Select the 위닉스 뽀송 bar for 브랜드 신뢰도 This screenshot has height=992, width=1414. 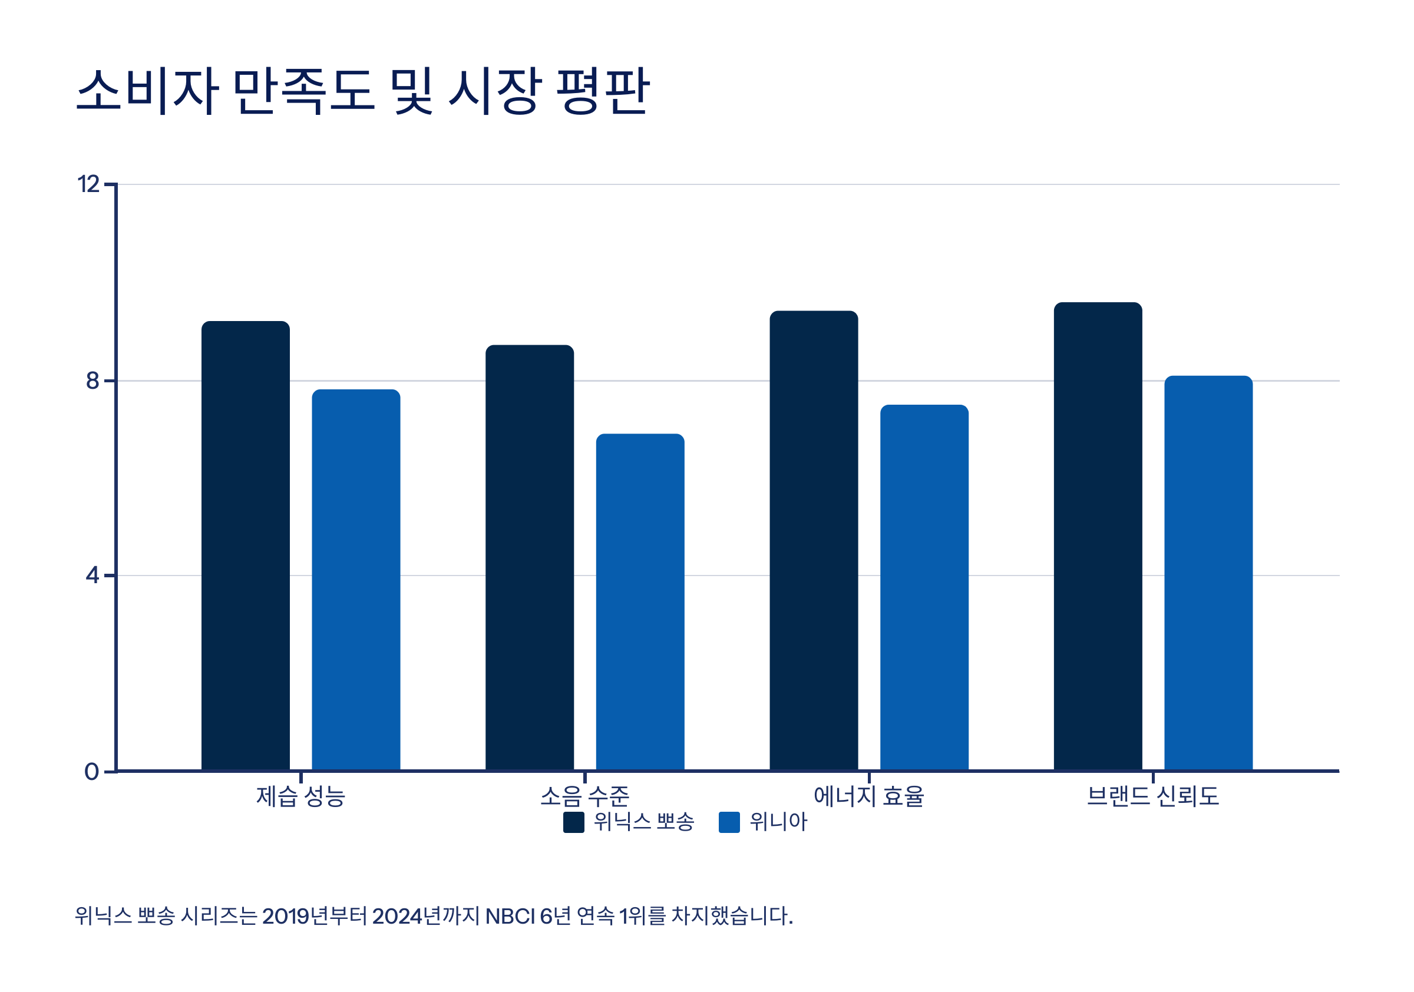[1098, 535]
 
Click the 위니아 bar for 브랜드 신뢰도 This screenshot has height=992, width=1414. [1208, 573]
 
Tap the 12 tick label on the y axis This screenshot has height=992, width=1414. [88, 184]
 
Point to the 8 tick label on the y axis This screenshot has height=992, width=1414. [92, 381]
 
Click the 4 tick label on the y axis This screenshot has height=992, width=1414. [92, 575]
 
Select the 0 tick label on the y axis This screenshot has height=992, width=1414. [91, 771]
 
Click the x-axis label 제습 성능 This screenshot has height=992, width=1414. [300, 796]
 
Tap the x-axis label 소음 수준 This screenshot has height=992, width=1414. [584, 796]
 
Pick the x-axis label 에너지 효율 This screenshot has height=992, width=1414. [868, 796]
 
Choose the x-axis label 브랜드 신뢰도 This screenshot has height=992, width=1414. [1152, 796]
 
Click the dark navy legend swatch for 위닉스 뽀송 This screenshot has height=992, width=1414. [573, 822]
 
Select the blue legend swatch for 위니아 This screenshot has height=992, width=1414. [729, 822]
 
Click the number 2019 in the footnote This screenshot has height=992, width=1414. [285, 916]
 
